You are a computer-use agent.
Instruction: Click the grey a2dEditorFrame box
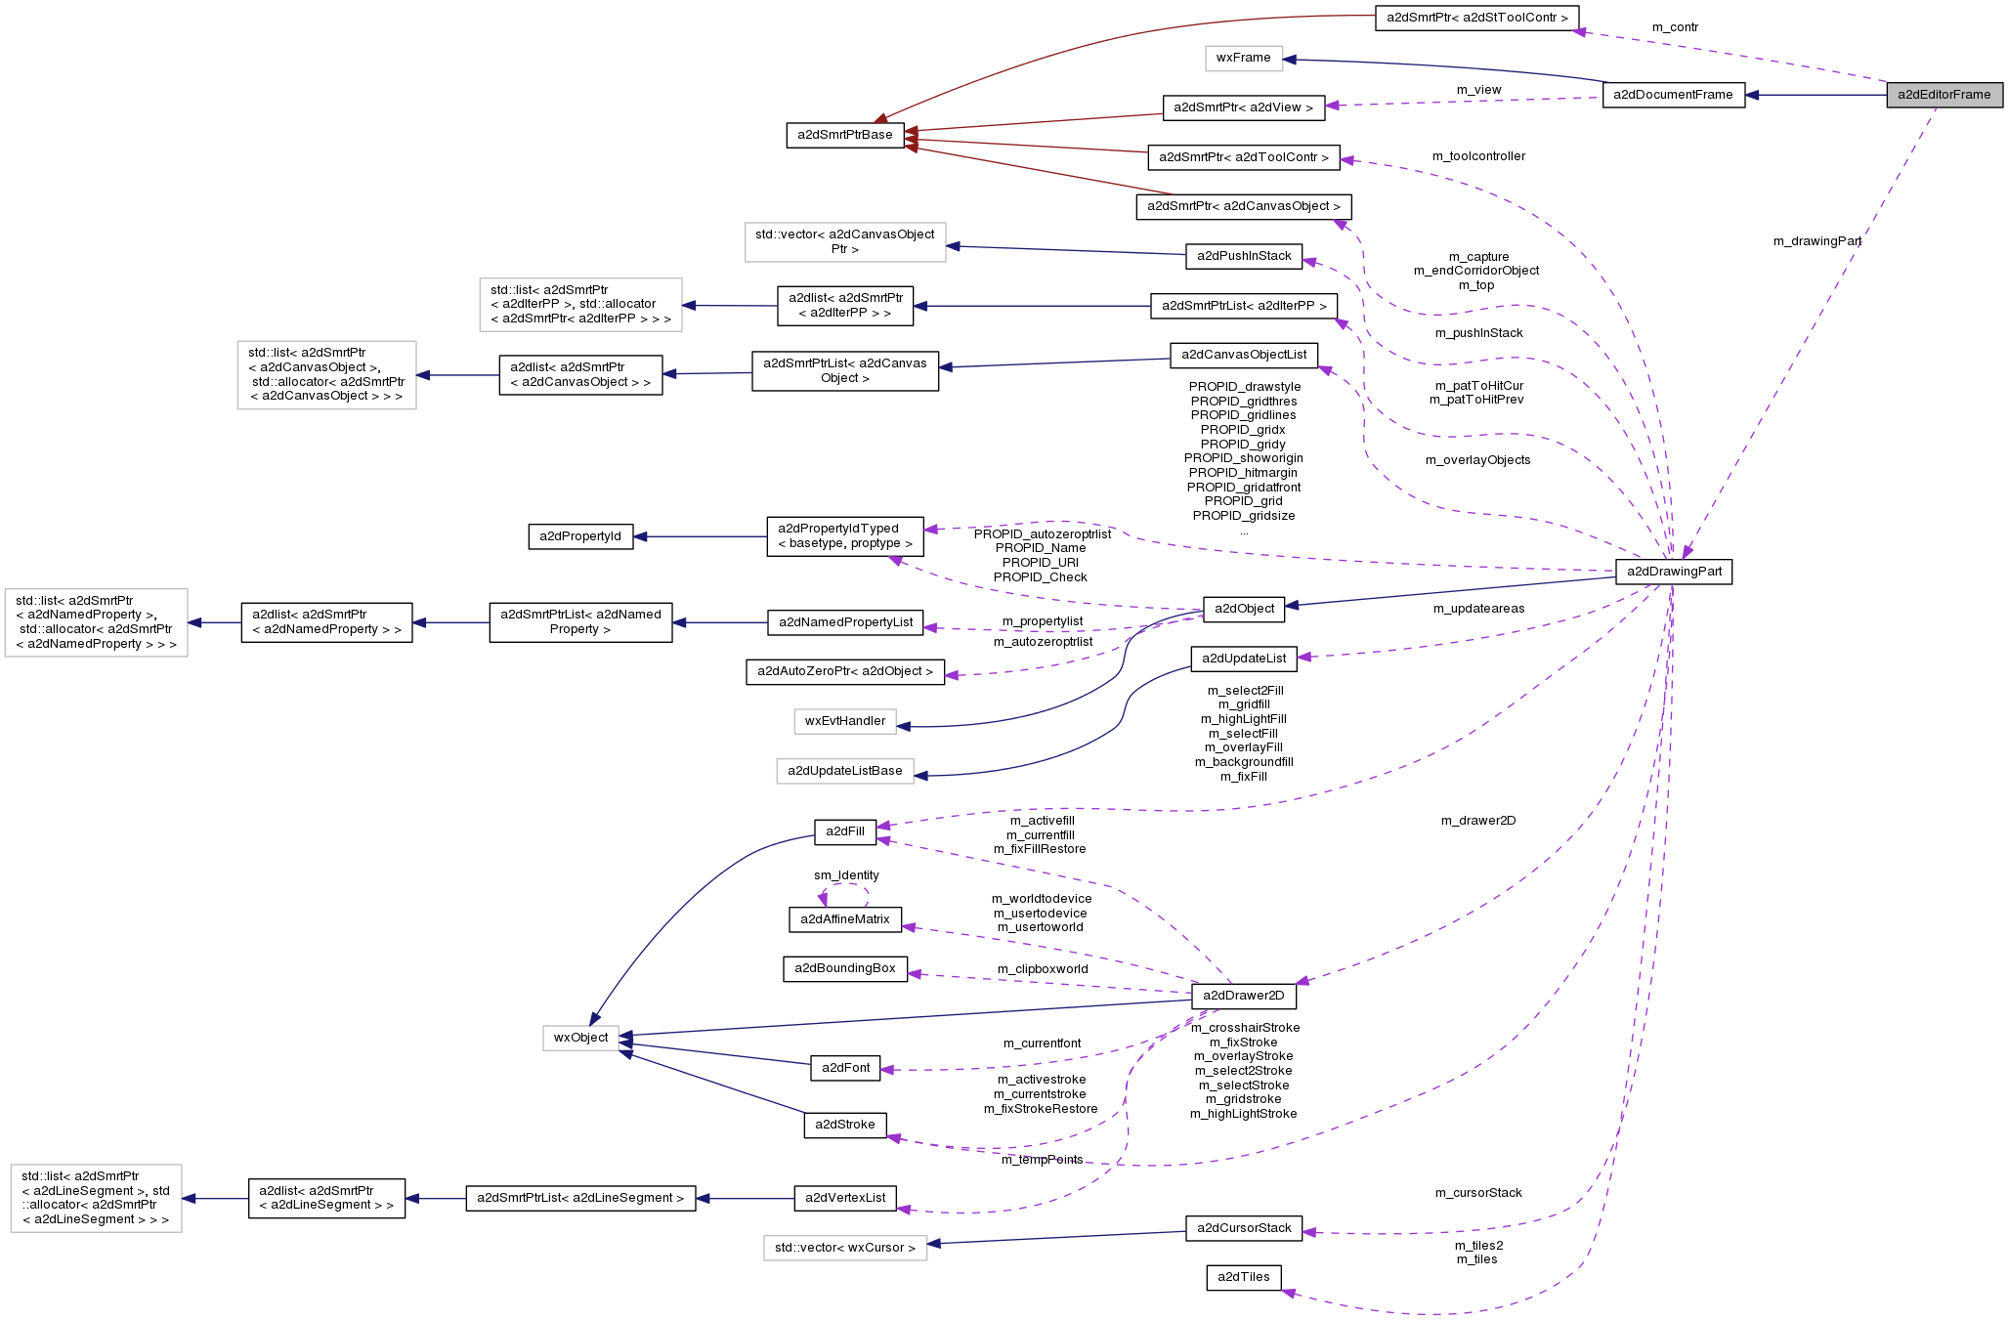[x=1944, y=95]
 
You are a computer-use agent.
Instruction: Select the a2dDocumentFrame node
[x=1673, y=95]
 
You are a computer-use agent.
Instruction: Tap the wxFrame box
[x=1243, y=58]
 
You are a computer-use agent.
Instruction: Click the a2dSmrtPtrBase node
[x=845, y=135]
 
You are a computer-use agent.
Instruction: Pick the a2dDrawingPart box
[x=1674, y=572]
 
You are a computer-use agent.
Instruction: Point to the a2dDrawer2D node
[x=1243, y=996]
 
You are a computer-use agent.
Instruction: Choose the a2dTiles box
[x=1243, y=1277]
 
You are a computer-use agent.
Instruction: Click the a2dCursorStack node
[x=1243, y=1228]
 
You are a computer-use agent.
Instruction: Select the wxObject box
[x=580, y=1038]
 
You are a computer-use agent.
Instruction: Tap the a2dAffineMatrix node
[x=845, y=919]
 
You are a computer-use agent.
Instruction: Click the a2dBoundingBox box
[x=845, y=968]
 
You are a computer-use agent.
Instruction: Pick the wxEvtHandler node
[x=845, y=721]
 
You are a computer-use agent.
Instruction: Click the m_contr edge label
[x=1675, y=27]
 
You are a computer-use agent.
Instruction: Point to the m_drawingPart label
[x=1817, y=241]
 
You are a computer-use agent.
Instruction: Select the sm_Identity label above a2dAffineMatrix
[x=846, y=875]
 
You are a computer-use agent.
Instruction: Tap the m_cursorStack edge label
[x=1478, y=1193]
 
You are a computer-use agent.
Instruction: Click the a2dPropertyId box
[x=580, y=536]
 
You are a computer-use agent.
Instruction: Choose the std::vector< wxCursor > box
[x=845, y=1248]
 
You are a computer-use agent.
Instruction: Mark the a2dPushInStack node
[x=1244, y=256]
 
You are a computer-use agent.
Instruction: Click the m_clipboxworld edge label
[x=1043, y=969]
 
